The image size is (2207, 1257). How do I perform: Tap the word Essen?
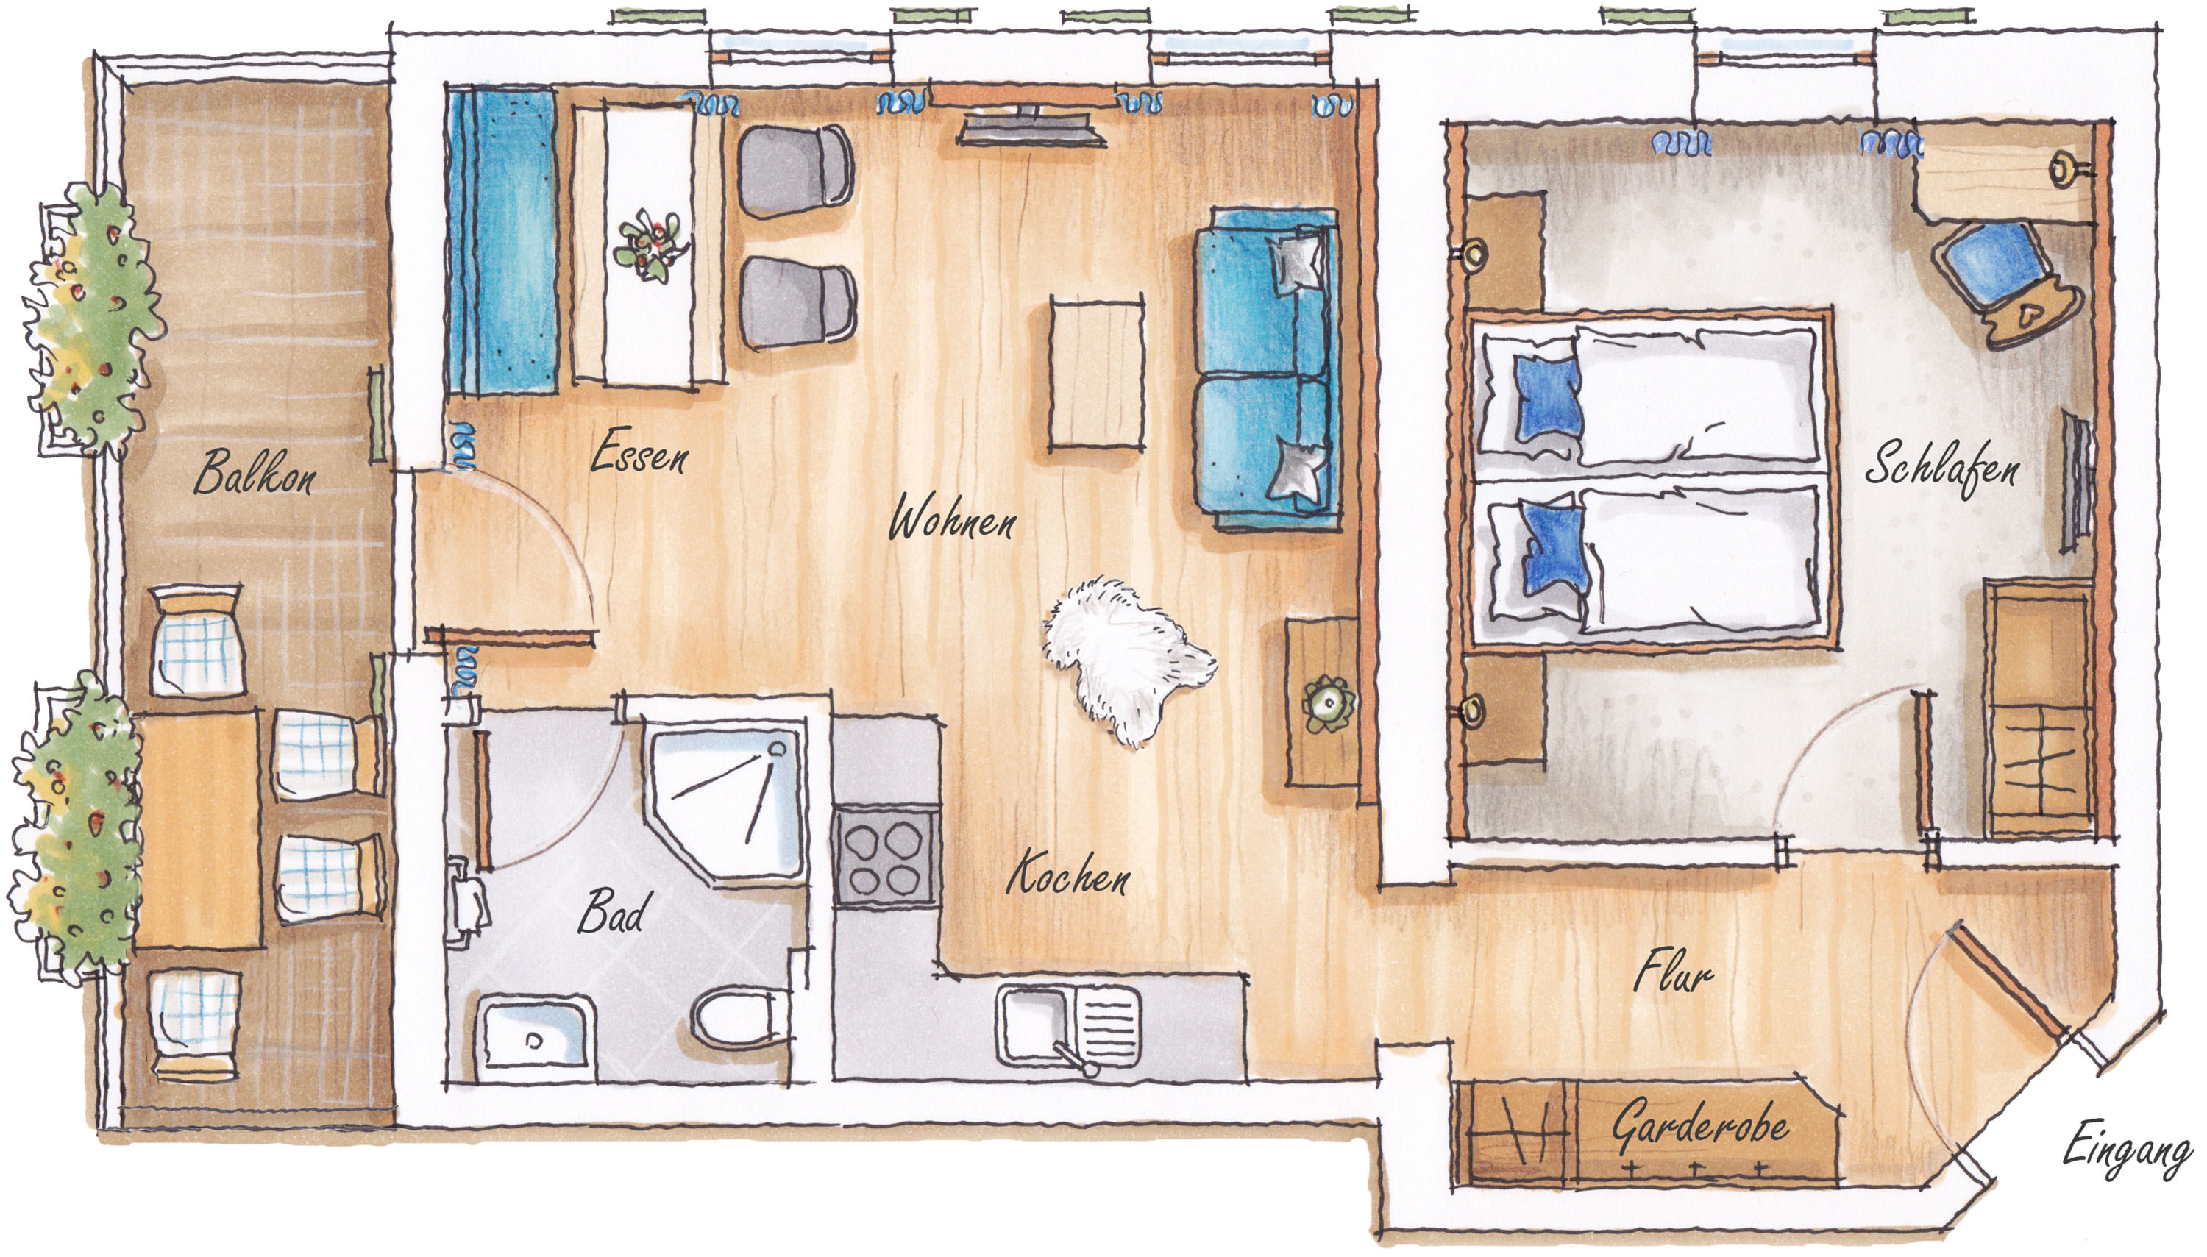639,452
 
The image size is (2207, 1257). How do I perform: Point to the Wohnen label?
953,517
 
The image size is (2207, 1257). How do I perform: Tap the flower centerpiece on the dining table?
650,243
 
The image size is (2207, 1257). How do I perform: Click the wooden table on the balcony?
199,830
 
